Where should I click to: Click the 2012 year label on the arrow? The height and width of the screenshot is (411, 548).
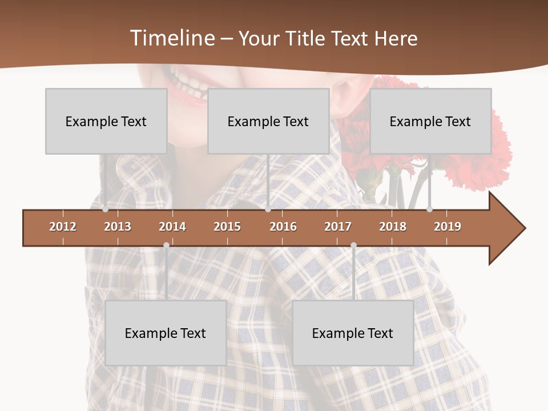click(63, 227)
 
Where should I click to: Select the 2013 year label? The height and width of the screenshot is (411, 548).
click(118, 227)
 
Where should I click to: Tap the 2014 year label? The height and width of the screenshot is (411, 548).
click(172, 227)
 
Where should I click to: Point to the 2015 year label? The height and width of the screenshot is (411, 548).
click(227, 227)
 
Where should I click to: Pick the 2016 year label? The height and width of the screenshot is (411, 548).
click(283, 227)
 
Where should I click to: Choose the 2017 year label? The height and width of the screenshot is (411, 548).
click(338, 227)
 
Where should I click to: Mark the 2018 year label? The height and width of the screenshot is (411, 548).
click(393, 227)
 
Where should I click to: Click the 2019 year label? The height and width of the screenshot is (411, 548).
click(448, 227)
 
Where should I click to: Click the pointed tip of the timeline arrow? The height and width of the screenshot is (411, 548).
click(523, 228)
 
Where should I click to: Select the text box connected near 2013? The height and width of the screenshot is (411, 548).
click(106, 121)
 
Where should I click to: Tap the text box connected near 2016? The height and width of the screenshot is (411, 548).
click(268, 121)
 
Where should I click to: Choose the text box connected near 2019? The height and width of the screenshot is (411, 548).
click(430, 121)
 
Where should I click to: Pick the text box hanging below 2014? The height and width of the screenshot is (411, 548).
click(166, 333)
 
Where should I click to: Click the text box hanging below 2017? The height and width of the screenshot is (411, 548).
click(353, 333)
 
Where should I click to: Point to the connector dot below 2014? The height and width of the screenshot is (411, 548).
click(166, 245)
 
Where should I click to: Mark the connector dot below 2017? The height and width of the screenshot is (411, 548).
click(353, 245)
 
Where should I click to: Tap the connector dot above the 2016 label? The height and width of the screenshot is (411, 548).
click(268, 209)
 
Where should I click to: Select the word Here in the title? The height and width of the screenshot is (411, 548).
click(396, 38)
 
